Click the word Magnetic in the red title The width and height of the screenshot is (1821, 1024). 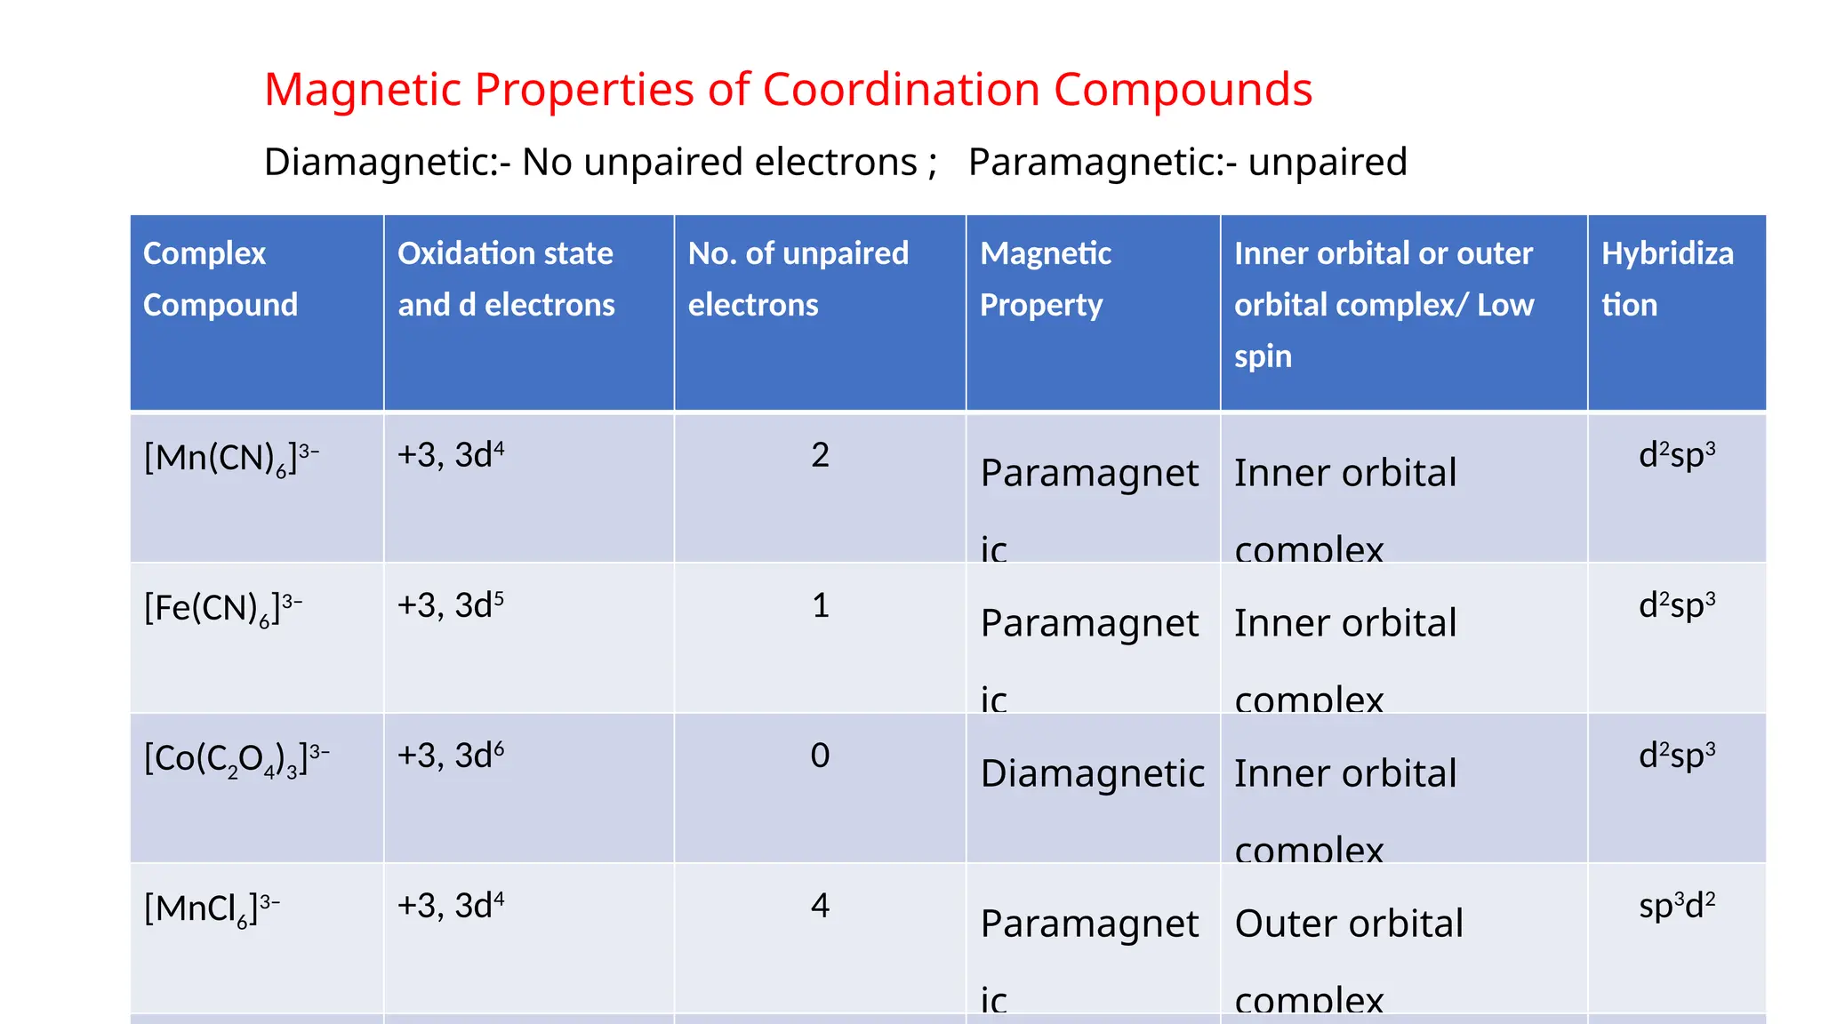pos(364,90)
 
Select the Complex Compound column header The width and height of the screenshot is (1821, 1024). pos(221,279)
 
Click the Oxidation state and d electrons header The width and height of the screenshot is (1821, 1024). pos(506,279)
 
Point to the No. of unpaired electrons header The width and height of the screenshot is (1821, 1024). pos(798,279)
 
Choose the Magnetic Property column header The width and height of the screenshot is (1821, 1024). pos(1046,279)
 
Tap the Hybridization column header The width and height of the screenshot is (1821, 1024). pos(1667,279)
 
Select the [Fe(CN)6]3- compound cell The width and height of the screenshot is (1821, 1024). pos(223,608)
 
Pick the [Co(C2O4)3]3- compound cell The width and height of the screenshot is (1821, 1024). pos(237,758)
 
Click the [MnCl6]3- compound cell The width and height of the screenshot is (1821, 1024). pos(212,908)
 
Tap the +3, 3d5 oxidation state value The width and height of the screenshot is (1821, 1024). pos(450,605)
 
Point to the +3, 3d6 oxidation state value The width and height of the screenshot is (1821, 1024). pos(450,756)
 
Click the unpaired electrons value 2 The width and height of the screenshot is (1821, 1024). pos(820,455)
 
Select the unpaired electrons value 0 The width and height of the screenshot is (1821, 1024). pos(820,756)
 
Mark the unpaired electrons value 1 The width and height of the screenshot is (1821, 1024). pos(820,605)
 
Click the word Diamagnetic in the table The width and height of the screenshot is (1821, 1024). pos(1093,773)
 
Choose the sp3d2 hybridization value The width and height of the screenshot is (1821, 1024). pos(1677,906)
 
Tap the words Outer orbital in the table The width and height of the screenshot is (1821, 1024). pos(1349,924)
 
